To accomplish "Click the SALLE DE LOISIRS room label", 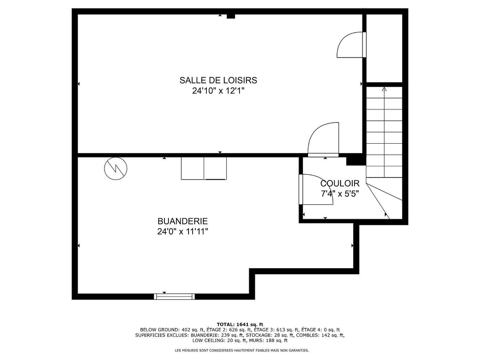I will pos(218,80).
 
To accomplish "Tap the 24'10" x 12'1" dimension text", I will pos(218,91).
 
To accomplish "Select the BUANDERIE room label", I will pos(182,221).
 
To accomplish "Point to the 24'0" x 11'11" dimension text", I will pos(182,232).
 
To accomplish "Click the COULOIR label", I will pos(340,184).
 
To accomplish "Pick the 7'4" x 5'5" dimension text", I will pos(340,194).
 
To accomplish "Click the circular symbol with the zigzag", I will pos(116,168).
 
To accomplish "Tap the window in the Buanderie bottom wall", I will pos(174,296).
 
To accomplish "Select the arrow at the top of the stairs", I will pos(384,89).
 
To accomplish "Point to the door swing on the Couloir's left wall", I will pos(315,190).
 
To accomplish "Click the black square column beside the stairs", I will pos(355,160).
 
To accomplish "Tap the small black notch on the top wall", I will pos(230,16).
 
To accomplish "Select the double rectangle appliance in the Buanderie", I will pos(204,168).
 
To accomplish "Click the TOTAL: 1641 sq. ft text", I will pos(240,324).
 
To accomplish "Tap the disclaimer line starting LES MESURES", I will pos(242,350).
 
